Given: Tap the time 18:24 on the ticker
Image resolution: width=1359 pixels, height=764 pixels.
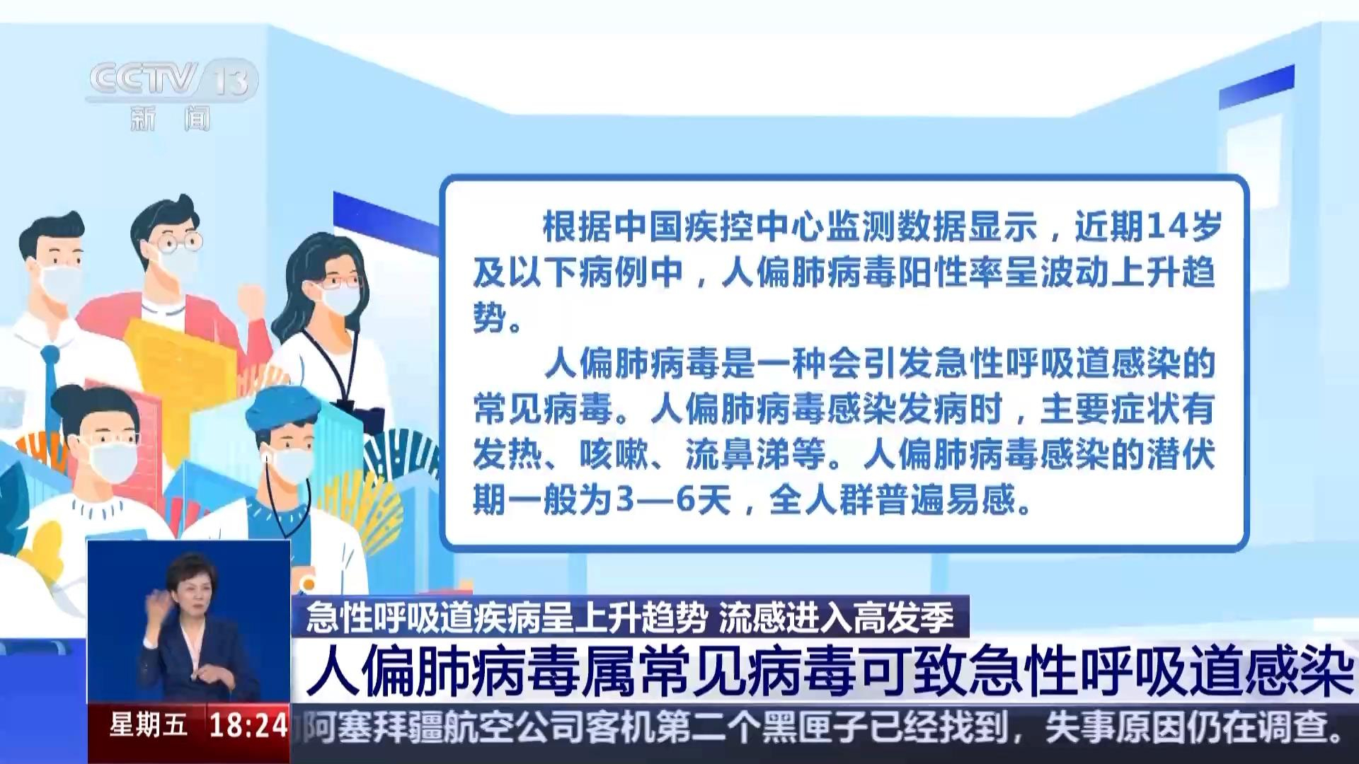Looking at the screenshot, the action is (248, 726).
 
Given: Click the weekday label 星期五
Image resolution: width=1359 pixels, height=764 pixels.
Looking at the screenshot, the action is (149, 726).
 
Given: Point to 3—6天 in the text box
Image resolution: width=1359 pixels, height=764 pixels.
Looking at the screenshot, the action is (673, 501).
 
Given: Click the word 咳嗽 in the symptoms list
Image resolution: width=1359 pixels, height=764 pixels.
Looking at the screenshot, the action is (614, 455).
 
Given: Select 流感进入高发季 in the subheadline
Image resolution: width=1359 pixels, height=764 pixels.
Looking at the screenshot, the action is (837, 618).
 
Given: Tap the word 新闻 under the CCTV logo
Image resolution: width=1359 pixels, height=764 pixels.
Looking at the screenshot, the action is (171, 118).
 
